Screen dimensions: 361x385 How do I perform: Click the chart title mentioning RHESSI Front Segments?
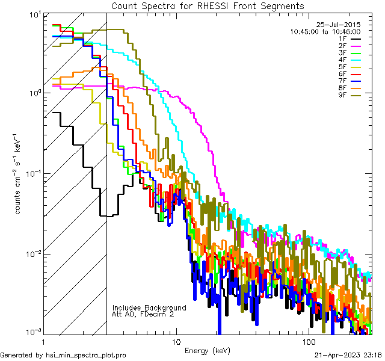[208, 5]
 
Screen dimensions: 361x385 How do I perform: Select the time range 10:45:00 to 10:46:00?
[325, 31]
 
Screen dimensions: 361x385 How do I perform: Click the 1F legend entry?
[342, 39]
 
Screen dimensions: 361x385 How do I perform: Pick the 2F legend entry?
[342, 45]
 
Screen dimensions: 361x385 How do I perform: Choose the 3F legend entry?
[342, 52]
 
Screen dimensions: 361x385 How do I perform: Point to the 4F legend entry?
[342, 60]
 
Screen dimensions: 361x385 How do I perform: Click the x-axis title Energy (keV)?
[207, 350]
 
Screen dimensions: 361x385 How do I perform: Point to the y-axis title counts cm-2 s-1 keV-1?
[19, 174]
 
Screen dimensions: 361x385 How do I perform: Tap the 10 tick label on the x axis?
[176, 341]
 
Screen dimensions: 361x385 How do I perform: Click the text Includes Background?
[149, 307]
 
